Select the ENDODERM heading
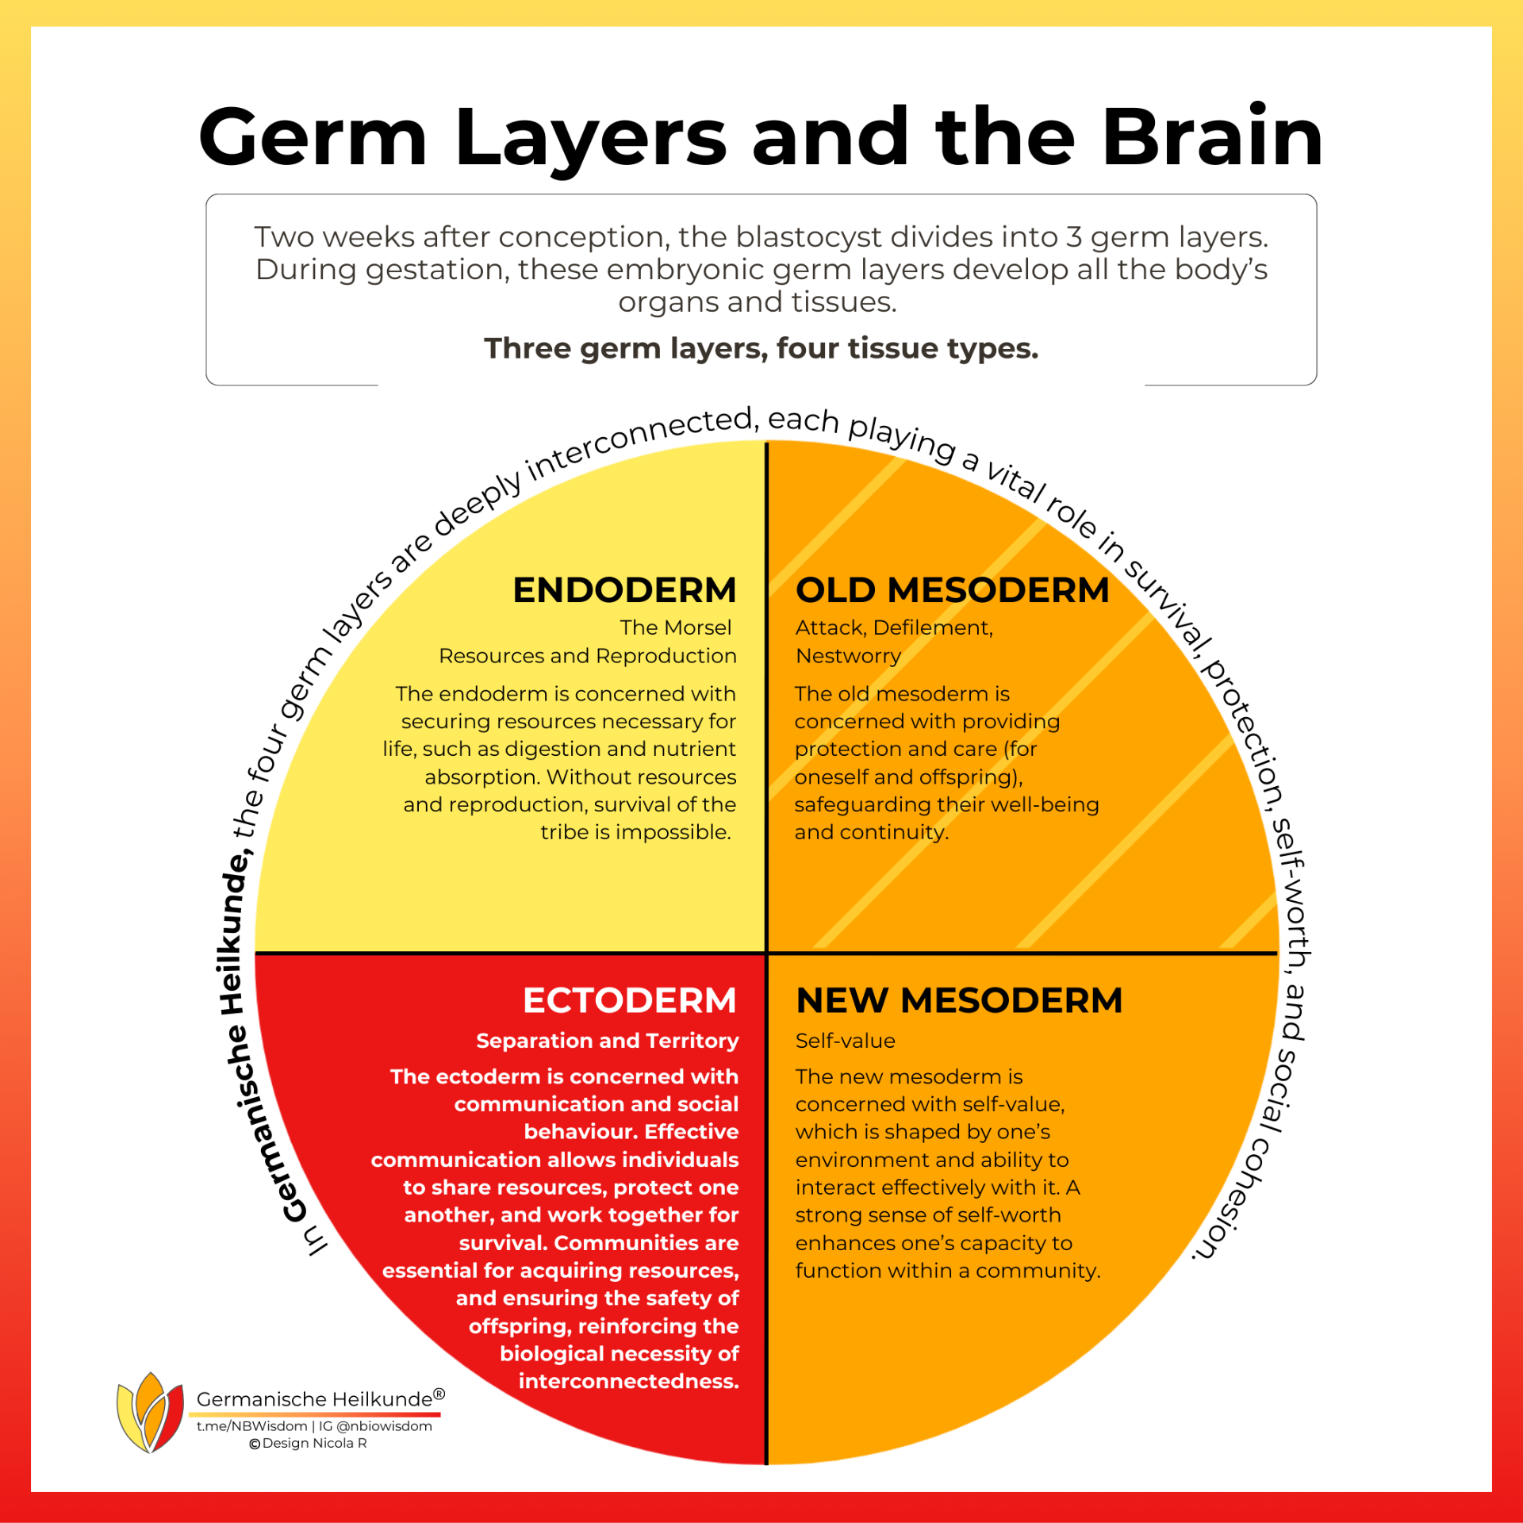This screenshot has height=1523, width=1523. coord(624,590)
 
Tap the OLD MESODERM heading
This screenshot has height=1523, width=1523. coord(952,590)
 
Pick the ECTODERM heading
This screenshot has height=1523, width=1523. coord(629,1000)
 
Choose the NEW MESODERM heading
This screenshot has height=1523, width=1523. coord(959,1000)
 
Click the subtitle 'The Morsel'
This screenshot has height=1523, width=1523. coord(675,627)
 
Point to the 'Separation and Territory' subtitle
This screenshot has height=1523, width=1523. coord(607,1041)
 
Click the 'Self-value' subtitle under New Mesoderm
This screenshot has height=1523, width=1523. coord(845,1041)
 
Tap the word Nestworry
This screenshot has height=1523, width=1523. coord(848,656)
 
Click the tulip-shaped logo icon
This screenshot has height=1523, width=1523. coord(150,1412)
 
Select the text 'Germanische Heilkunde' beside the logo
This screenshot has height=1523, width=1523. coord(315,1399)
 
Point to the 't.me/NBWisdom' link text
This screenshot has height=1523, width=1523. coord(251,1426)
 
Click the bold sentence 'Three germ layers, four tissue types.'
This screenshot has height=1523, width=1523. coord(761,348)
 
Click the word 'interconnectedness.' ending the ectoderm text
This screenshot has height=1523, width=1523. coord(628,1381)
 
